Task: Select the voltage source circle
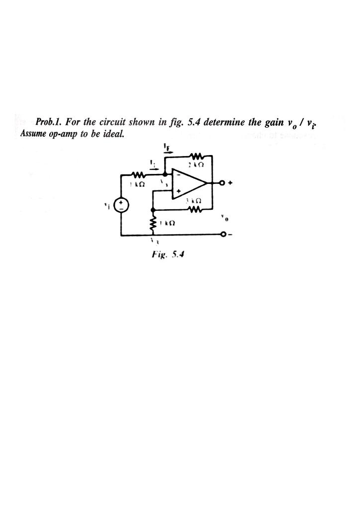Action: (x=121, y=205)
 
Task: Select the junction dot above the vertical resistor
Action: (x=153, y=209)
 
